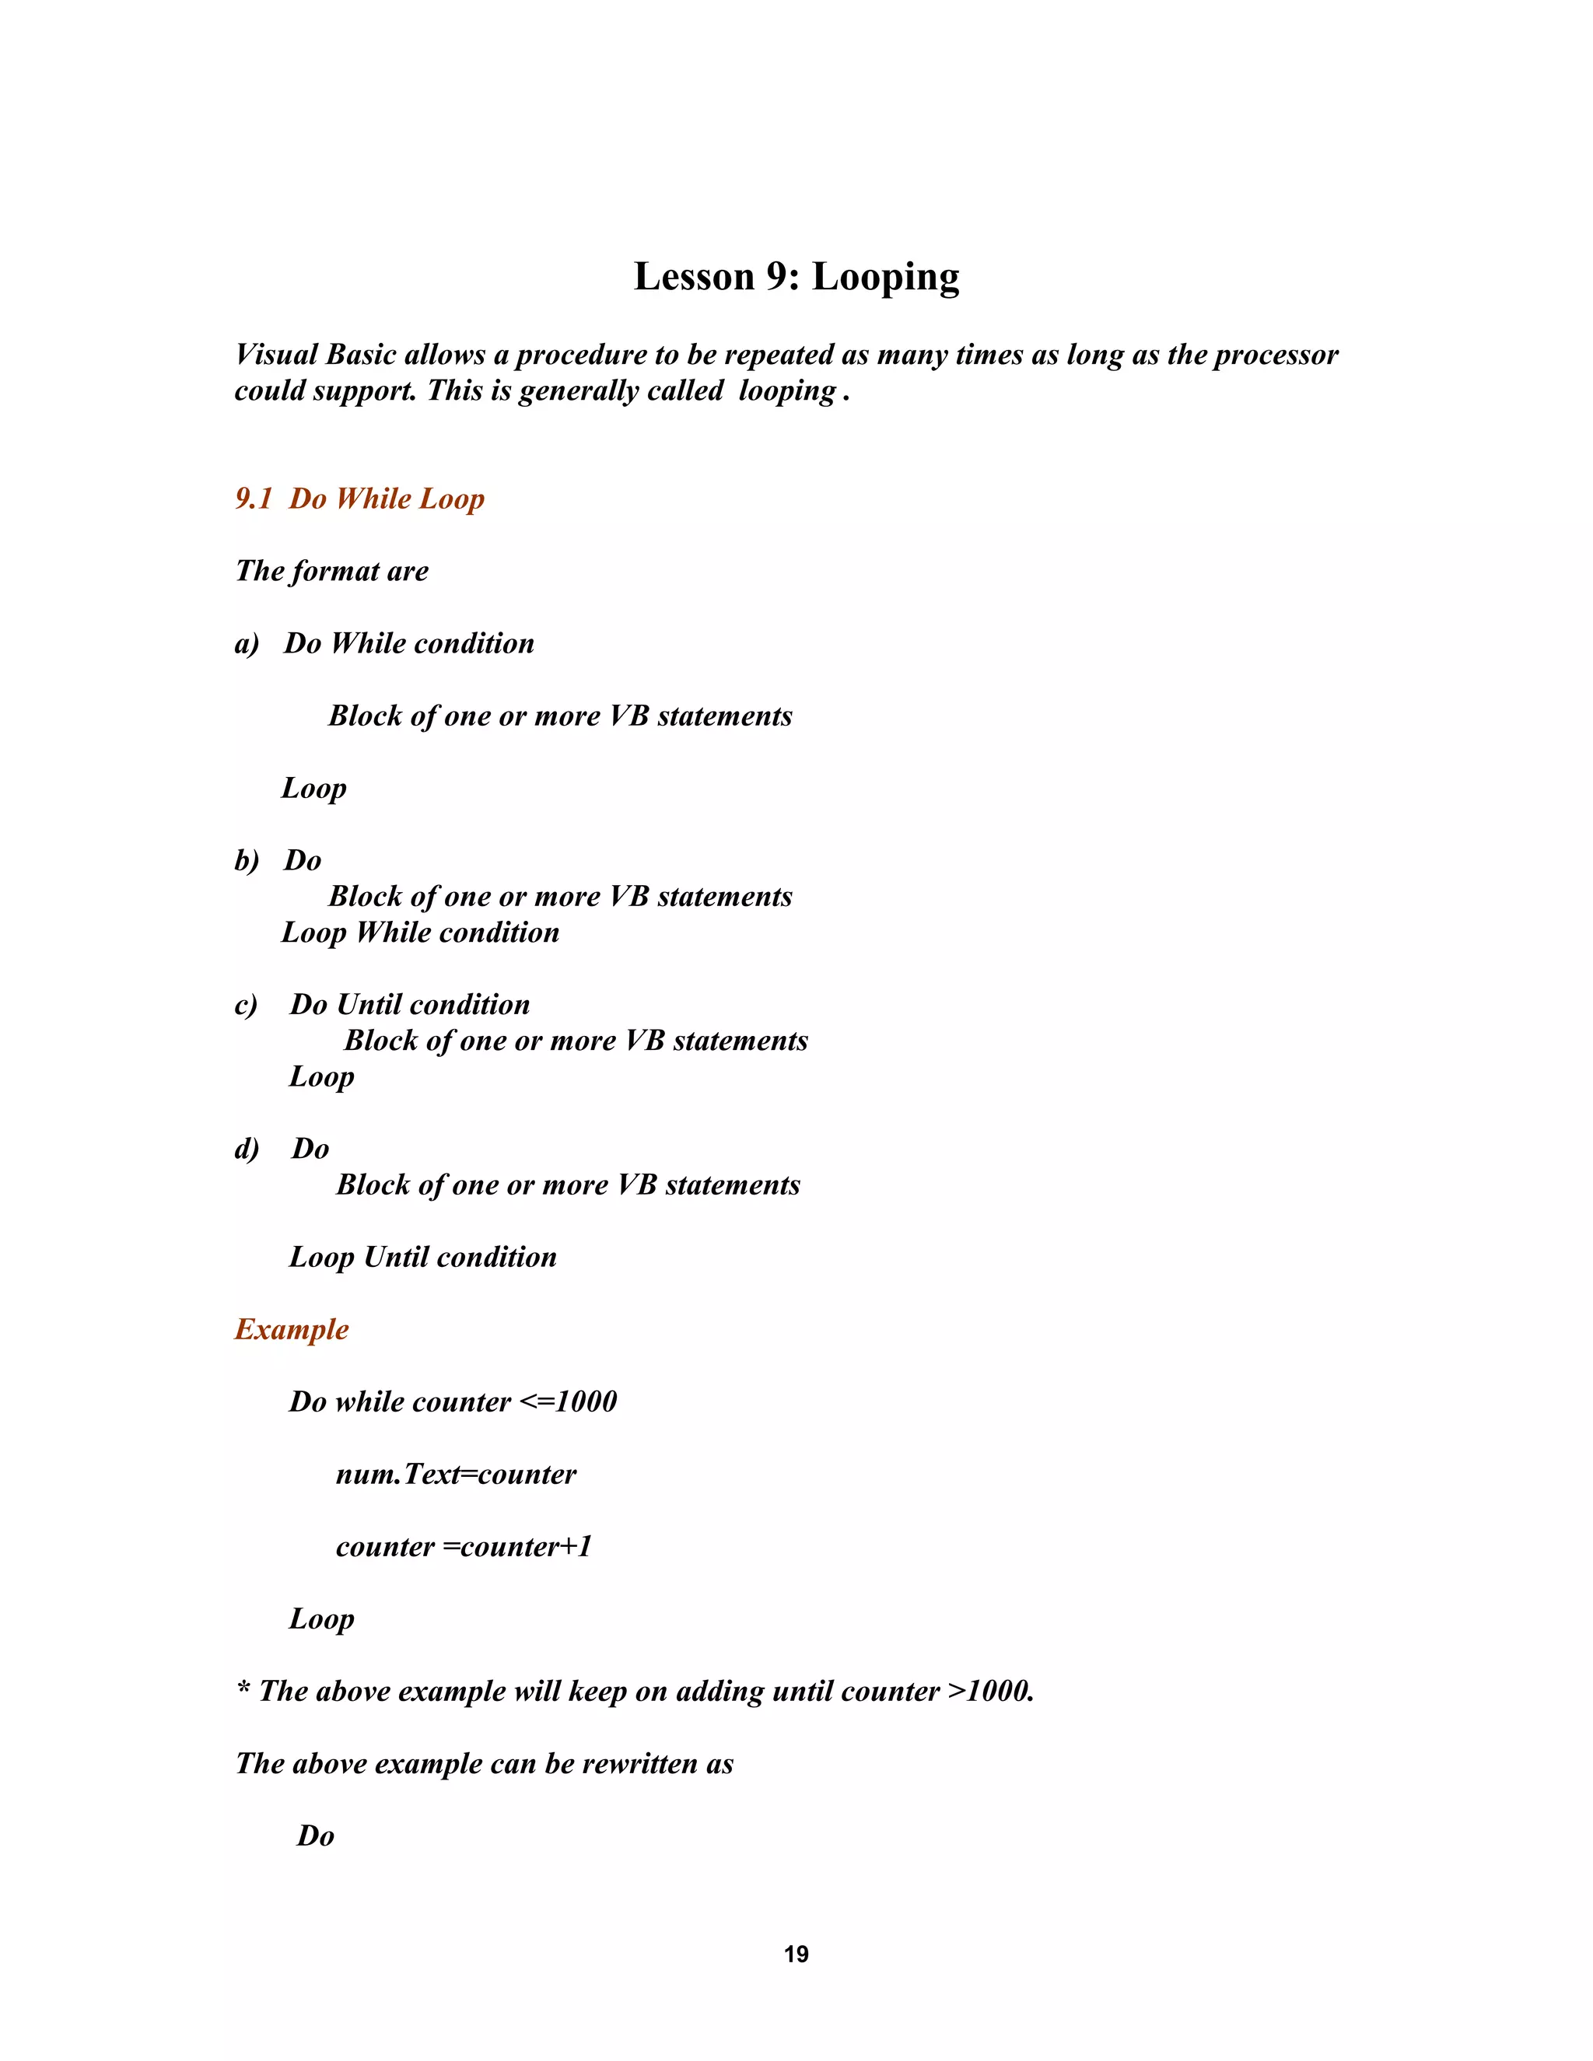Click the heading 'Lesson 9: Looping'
pyautogui.click(x=796, y=278)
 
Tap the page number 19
pyautogui.click(x=796, y=1954)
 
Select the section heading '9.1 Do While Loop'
pyautogui.click(x=359, y=499)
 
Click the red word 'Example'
pyautogui.click(x=292, y=1330)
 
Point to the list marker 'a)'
pyautogui.click(x=247, y=645)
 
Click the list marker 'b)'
pyautogui.click(x=247, y=862)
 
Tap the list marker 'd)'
pyautogui.click(x=247, y=1150)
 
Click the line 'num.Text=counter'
pyautogui.click(x=456, y=1475)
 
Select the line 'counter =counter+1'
pyautogui.click(x=464, y=1547)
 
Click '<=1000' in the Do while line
pyautogui.click(x=568, y=1402)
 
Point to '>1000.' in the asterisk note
pyautogui.click(x=991, y=1691)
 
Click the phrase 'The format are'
pyautogui.click(x=331, y=572)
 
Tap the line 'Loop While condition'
pyautogui.click(x=420, y=933)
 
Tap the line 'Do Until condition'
pyautogui.click(x=410, y=1005)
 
